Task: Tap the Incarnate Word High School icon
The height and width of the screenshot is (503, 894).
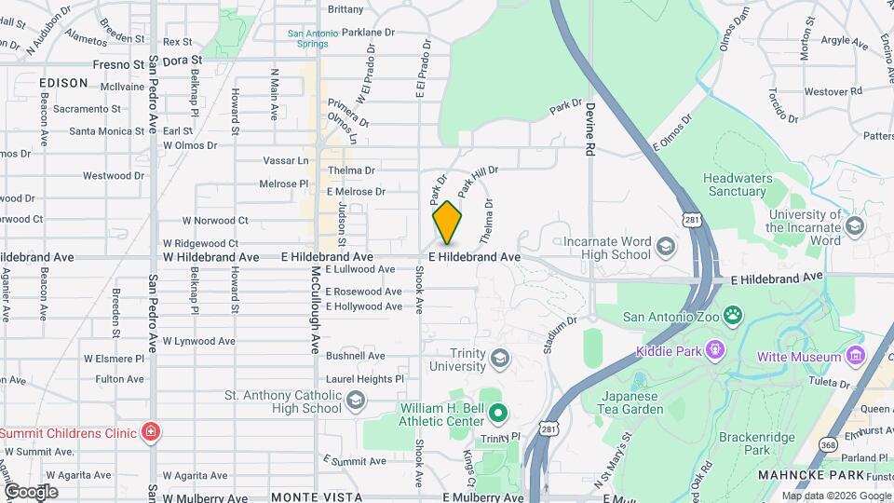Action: click(665, 247)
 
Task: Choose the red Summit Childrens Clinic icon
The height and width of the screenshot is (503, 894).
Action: click(149, 432)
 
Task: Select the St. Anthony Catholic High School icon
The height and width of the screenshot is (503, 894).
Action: click(355, 401)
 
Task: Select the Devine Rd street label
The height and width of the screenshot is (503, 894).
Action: click(589, 130)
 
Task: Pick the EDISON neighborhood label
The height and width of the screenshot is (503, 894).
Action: click(64, 83)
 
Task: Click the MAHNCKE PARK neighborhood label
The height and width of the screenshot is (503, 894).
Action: click(831, 474)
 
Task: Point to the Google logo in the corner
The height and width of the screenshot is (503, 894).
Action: click(31, 491)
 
